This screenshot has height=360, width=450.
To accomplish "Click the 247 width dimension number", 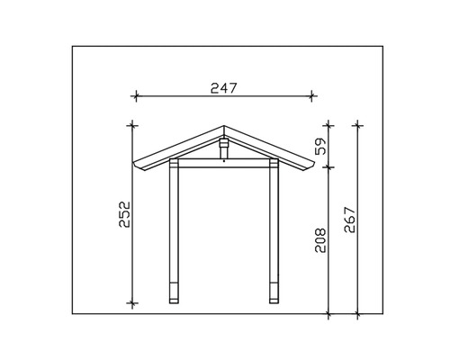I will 222,87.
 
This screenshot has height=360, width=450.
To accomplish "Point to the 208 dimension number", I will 321,241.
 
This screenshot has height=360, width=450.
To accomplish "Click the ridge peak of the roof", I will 223,125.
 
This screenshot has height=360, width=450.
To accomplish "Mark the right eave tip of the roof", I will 313,167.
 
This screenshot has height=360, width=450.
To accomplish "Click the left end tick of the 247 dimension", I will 134,94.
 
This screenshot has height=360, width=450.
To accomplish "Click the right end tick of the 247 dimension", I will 312,94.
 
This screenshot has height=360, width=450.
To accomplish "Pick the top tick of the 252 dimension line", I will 133,122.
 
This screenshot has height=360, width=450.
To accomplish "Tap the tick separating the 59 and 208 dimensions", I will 329,166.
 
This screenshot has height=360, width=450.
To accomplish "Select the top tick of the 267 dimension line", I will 358,122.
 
